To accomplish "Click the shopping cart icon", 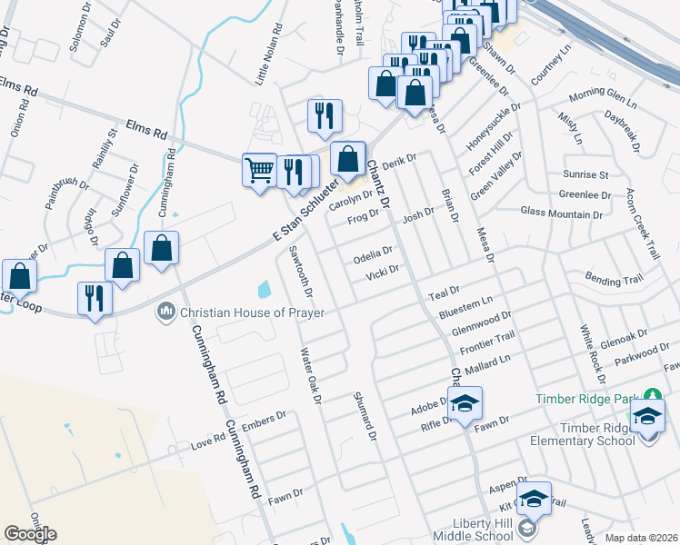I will tap(260, 169).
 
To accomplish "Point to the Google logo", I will tap(30, 534).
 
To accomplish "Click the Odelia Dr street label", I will tap(373, 253).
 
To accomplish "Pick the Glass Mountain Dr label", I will tap(563, 212).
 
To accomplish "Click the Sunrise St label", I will tap(585, 173).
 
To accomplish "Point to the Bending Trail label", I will tap(620, 278).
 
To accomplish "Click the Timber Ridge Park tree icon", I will tap(651, 397).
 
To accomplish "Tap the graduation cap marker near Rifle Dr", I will tap(465, 403).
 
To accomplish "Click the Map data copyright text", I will tap(639, 538).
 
